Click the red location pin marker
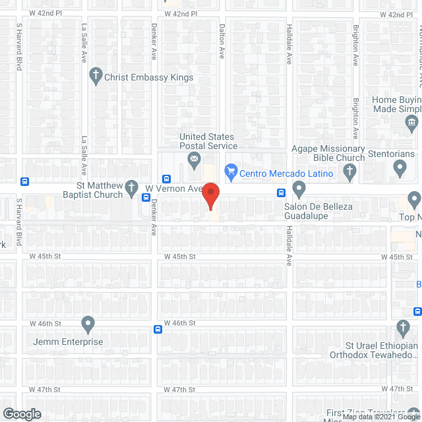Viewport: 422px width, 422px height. pos(210,196)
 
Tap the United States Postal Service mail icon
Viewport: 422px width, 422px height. pos(195,158)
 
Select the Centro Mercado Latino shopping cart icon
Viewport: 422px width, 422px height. pos(231,173)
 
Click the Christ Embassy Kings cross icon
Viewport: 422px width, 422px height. pos(96,77)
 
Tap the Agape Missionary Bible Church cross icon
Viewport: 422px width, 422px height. pos(350,173)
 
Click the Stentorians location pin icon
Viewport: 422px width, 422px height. pos(400,169)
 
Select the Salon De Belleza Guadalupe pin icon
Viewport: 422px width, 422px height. pos(299,191)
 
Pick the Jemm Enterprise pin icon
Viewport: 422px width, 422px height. pos(88,324)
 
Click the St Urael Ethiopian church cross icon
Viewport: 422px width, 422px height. pos(404,328)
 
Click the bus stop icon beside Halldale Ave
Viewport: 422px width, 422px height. pos(281,193)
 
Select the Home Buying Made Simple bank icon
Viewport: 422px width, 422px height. pos(412,122)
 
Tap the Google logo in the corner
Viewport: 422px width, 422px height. pos(21,414)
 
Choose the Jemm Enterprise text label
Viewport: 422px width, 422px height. pos(69,342)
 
